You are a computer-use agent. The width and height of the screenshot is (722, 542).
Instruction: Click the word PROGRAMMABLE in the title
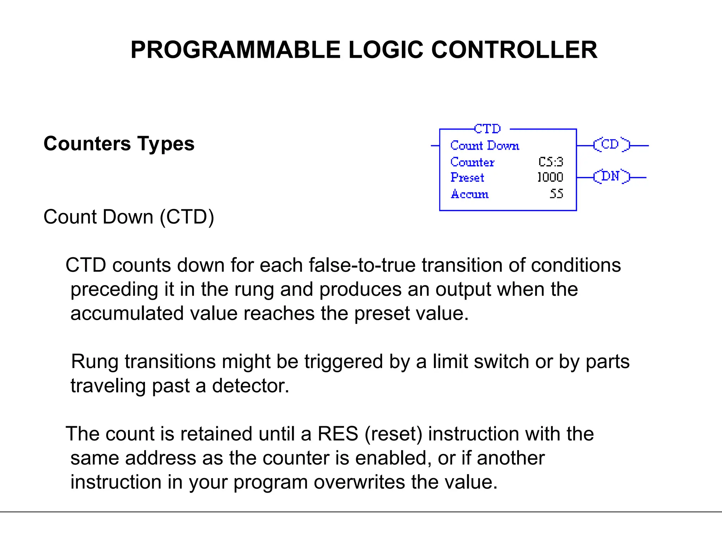235,50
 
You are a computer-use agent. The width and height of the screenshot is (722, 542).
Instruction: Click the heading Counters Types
119,144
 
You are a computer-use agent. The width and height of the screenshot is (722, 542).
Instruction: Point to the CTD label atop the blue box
487,129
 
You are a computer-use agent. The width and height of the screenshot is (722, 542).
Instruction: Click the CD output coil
611,145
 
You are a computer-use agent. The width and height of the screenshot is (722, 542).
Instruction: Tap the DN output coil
611,176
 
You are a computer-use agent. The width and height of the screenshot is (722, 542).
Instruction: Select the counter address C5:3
550,162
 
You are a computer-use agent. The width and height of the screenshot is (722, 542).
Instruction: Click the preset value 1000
550,177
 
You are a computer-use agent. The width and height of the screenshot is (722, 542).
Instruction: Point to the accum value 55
556,194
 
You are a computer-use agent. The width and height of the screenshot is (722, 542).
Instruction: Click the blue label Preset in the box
467,177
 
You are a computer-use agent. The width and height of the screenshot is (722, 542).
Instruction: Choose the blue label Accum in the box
470,194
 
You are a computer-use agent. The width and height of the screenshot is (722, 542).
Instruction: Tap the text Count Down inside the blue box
484,146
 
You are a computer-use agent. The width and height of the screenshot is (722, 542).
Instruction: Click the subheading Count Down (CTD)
129,217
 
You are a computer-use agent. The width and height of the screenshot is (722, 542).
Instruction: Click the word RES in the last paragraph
338,434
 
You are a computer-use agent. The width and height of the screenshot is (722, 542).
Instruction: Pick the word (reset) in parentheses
393,434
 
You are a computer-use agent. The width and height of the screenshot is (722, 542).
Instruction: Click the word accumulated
127,313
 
